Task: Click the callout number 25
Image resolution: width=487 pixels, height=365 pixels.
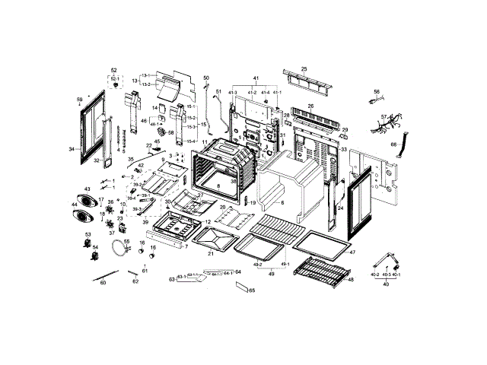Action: [x=304, y=69]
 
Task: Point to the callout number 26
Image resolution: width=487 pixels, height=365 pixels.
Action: [x=310, y=106]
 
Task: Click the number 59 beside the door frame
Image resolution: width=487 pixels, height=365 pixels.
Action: [x=79, y=100]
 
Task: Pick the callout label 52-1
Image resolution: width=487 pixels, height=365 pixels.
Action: [x=115, y=78]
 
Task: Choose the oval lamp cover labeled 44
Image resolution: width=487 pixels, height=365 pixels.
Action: [x=80, y=216]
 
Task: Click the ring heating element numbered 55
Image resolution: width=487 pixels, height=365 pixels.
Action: [x=116, y=246]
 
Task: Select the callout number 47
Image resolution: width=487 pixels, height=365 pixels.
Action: [x=352, y=251]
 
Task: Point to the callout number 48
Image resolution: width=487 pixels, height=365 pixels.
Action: [x=351, y=279]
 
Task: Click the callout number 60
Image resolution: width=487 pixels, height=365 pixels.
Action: [x=103, y=281]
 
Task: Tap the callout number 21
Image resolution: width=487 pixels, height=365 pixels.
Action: [x=211, y=253]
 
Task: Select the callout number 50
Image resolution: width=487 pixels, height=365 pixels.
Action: [x=205, y=78]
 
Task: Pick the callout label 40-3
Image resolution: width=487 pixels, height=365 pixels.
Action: [x=386, y=275]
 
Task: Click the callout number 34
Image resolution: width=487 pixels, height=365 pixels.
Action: [x=72, y=150]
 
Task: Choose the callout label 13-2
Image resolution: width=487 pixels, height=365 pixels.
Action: [x=145, y=84]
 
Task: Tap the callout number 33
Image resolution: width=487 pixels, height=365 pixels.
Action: [x=343, y=150]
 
